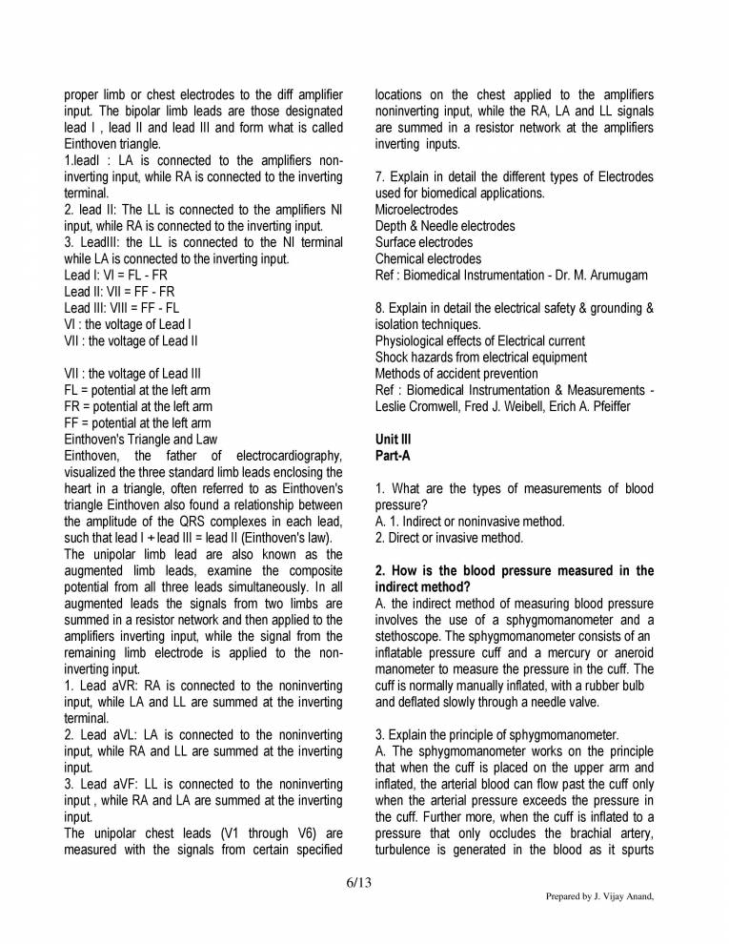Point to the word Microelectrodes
click(x=416, y=209)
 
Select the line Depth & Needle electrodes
click(x=445, y=226)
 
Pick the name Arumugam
click(x=616, y=275)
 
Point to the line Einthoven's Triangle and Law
click(x=141, y=439)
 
